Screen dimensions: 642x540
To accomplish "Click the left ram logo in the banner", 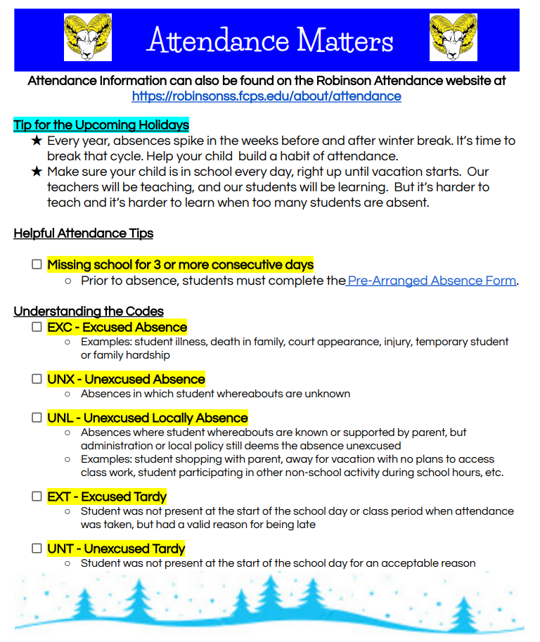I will pyautogui.click(x=87, y=37).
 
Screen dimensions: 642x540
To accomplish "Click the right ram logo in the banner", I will pyautogui.click(x=453, y=37).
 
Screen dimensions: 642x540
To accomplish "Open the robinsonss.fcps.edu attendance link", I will pyautogui.click(x=266, y=96).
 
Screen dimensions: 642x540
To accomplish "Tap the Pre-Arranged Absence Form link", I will pyautogui.click(x=432, y=281).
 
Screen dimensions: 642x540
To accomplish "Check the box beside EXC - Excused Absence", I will pyautogui.click(x=37, y=327).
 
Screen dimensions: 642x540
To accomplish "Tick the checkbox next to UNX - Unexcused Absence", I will pyautogui.click(x=37, y=379).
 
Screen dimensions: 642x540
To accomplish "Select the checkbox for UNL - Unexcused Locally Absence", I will pyautogui.click(x=37, y=418).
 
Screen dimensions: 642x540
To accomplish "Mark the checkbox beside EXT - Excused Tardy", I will pyautogui.click(x=37, y=496).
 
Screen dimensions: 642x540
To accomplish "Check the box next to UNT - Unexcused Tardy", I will pyautogui.click(x=37, y=548).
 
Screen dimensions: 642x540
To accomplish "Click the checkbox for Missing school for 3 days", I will pyautogui.click(x=37, y=265).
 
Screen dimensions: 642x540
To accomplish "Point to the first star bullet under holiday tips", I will pyautogui.click(x=37, y=141).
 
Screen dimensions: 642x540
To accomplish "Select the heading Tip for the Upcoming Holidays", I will pyautogui.click(x=101, y=125).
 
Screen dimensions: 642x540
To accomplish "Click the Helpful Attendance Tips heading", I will pyautogui.click(x=83, y=233).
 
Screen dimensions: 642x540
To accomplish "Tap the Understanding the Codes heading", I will pyautogui.click(x=89, y=312).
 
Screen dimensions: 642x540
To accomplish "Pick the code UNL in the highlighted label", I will pyautogui.click(x=60, y=418).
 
